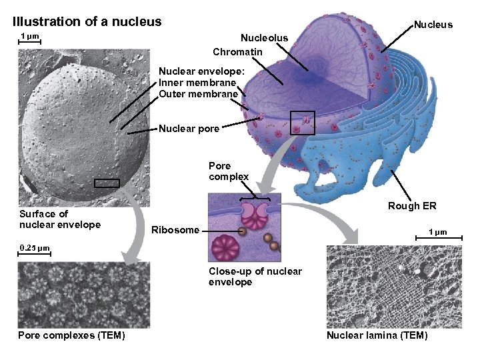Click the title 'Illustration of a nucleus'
87,21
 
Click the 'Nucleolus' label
264,38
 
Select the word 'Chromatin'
237,51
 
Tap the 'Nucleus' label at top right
433,25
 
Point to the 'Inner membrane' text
197,83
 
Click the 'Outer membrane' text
198,94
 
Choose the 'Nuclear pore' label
189,129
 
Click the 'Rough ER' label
412,206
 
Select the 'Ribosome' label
175,230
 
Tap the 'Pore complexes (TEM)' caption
71,335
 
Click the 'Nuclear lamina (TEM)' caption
377,335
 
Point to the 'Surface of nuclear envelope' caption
60,219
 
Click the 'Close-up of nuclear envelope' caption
255,277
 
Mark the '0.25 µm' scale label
35,248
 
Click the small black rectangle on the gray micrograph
107,183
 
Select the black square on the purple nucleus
303,122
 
